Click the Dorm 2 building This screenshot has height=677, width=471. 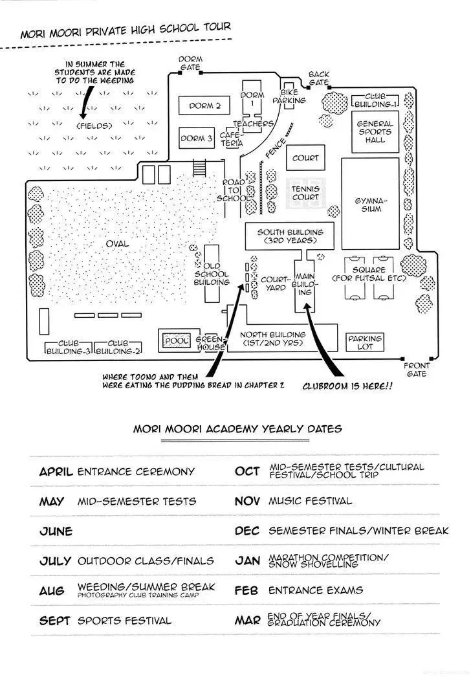pos(204,105)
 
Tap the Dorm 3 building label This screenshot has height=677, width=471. pos(197,138)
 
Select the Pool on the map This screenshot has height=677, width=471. pos(177,340)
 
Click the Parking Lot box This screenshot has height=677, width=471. pos(365,342)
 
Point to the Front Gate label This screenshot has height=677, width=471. pos(417,370)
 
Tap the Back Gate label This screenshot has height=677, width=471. pos(319,78)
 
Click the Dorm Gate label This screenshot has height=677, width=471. pos(190,63)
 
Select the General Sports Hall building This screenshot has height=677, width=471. pos(375,131)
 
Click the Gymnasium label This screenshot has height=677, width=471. pos(371,205)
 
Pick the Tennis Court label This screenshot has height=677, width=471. pos(305,193)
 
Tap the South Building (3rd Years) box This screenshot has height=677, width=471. pos(290,236)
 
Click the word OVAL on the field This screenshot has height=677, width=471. pos(117,244)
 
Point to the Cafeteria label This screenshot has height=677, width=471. pos(232,139)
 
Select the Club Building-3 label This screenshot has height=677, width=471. pos(68,347)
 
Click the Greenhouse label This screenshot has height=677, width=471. pos(211,343)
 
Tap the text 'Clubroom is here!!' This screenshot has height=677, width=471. pos(347,386)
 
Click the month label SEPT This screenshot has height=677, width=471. pos(54,621)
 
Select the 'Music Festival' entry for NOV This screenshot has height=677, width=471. pos(310,501)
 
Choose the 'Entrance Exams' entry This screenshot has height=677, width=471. pos(316,590)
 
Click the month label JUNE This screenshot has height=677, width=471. pos(56,531)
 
